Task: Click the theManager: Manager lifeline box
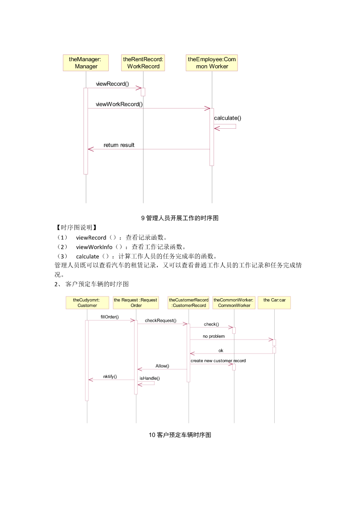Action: pos(86,63)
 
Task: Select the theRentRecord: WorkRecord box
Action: pos(143,63)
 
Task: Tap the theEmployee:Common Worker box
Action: pos(212,63)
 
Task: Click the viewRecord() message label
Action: pos(112,84)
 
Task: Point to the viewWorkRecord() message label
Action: pos(119,104)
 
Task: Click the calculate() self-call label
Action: pos(228,118)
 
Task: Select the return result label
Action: pos(119,145)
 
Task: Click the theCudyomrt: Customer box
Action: pos(87,302)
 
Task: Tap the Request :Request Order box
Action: pos(136,302)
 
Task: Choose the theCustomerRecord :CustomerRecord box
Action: pos(189,302)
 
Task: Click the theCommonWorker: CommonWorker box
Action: pos(234,302)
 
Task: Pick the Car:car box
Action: pos(274,302)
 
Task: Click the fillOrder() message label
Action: pos(110,317)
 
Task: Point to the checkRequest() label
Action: pos(161,320)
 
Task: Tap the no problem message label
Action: pos(214,336)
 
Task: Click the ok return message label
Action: pos(221,350)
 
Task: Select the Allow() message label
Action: pos(162,366)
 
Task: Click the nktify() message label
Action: pos(110,377)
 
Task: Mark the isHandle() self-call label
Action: pos(150,378)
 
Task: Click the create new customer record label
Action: pos(218,361)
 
